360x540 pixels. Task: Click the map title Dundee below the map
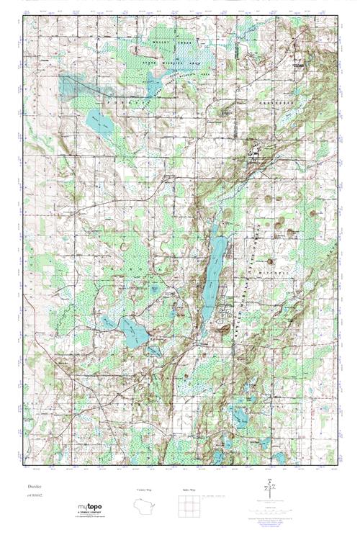[31, 488]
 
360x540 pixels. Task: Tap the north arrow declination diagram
[271, 487]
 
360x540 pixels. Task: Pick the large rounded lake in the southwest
[134, 331]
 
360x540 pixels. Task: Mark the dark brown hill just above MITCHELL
[271, 261]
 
